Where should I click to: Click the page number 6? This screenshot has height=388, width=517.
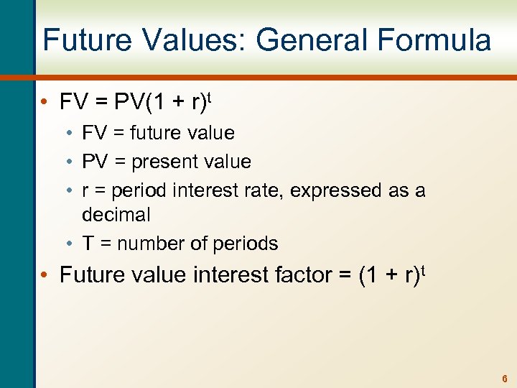tap(504, 378)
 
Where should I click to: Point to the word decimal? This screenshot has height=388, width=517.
tap(116, 215)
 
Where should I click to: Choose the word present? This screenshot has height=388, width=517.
tap(167, 162)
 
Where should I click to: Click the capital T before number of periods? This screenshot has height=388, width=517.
tap(88, 244)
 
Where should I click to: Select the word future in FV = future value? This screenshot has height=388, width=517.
tap(153, 133)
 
